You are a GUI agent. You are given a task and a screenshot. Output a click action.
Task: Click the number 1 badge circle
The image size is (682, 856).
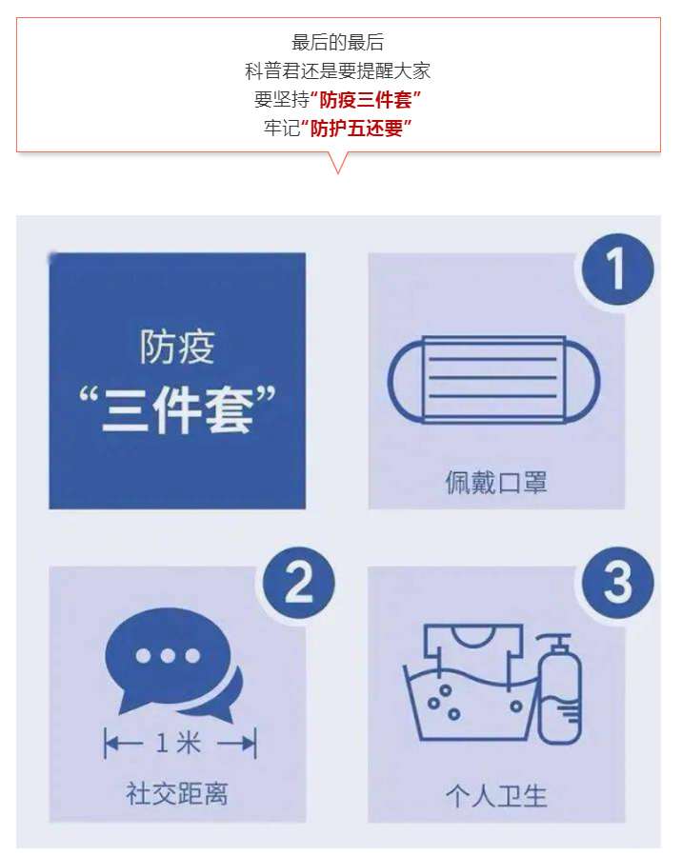[617, 269]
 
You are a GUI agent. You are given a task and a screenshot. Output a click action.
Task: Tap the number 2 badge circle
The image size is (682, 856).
[299, 583]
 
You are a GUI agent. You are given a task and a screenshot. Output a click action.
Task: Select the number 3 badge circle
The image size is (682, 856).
[617, 583]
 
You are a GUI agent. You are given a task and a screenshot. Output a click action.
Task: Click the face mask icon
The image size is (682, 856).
[493, 380]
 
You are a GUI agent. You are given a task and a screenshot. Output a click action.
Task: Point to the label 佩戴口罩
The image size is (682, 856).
[496, 482]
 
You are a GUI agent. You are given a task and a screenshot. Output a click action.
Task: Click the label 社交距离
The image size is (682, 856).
[177, 792]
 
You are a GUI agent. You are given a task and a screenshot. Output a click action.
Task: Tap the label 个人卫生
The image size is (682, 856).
[496, 796]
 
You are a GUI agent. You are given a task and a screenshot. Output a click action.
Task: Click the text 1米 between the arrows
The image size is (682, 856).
[178, 743]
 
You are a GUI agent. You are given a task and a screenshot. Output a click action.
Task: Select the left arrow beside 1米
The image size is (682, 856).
[124, 743]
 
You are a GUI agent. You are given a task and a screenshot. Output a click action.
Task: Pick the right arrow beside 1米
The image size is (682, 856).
[237, 743]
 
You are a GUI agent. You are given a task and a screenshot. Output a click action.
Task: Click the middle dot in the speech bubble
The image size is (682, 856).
[168, 655]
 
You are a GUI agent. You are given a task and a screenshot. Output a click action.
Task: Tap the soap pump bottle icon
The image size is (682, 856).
[559, 688]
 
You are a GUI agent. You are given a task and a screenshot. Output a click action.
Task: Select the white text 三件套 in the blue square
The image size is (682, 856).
[177, 410]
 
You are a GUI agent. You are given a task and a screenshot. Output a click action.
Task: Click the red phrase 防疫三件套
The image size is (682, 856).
[366, 100]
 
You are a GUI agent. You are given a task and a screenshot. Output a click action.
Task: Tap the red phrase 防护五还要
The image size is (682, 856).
[356, 129]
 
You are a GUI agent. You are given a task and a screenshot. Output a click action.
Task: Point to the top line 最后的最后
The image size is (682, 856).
[338, 43]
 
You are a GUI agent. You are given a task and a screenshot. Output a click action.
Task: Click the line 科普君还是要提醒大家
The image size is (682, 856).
[338, 71]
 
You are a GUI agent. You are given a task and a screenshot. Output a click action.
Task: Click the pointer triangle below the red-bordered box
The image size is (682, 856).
[338, 161]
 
